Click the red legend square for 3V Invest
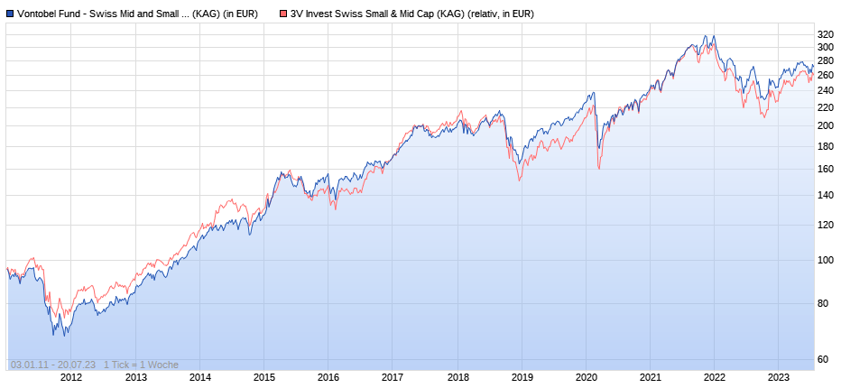point(283,14)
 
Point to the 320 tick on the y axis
point(825,35)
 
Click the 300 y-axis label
point(825,47)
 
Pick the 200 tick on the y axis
point(825,125)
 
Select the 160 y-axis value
point(825,169)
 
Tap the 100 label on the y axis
point(825,260)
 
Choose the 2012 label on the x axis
point(71,378)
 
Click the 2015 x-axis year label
point(264,378)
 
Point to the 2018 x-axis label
point(457,378)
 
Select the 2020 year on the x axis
point(587,378)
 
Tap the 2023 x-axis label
point(779,378)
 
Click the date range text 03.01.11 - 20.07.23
point(53,365)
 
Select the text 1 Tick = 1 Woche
point(141,365)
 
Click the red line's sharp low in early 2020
point(598,168)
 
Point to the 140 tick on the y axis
point(825,195)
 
